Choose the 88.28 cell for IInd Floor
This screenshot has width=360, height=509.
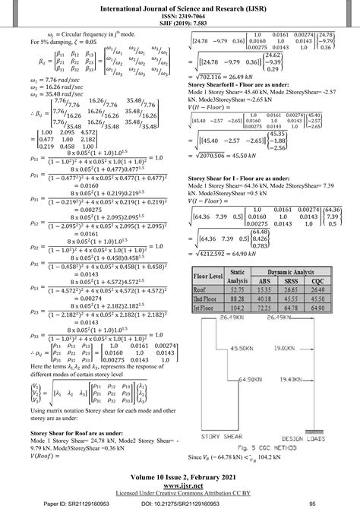coord(238,299)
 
